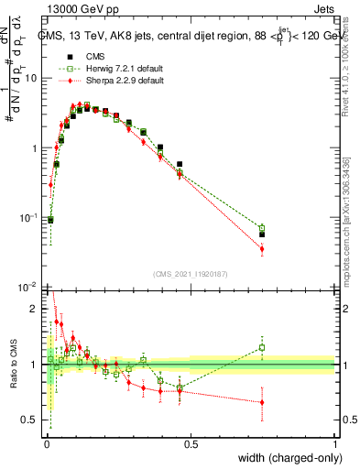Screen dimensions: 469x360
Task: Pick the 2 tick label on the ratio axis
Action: click(35, 309)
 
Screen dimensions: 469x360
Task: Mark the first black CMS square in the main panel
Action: click(50, 220)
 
